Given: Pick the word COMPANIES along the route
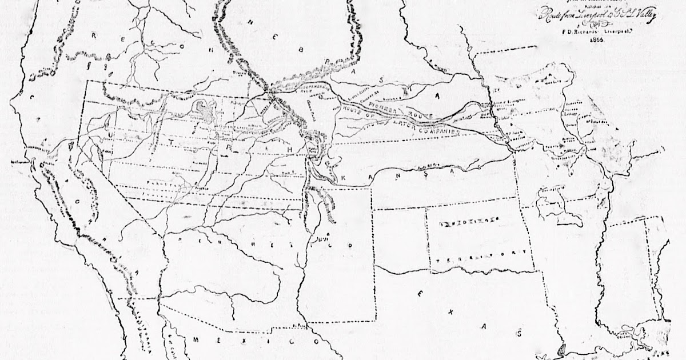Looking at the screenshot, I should click(x=440, y=131).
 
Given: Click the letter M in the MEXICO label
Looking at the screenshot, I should click(x=196, y=341).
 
